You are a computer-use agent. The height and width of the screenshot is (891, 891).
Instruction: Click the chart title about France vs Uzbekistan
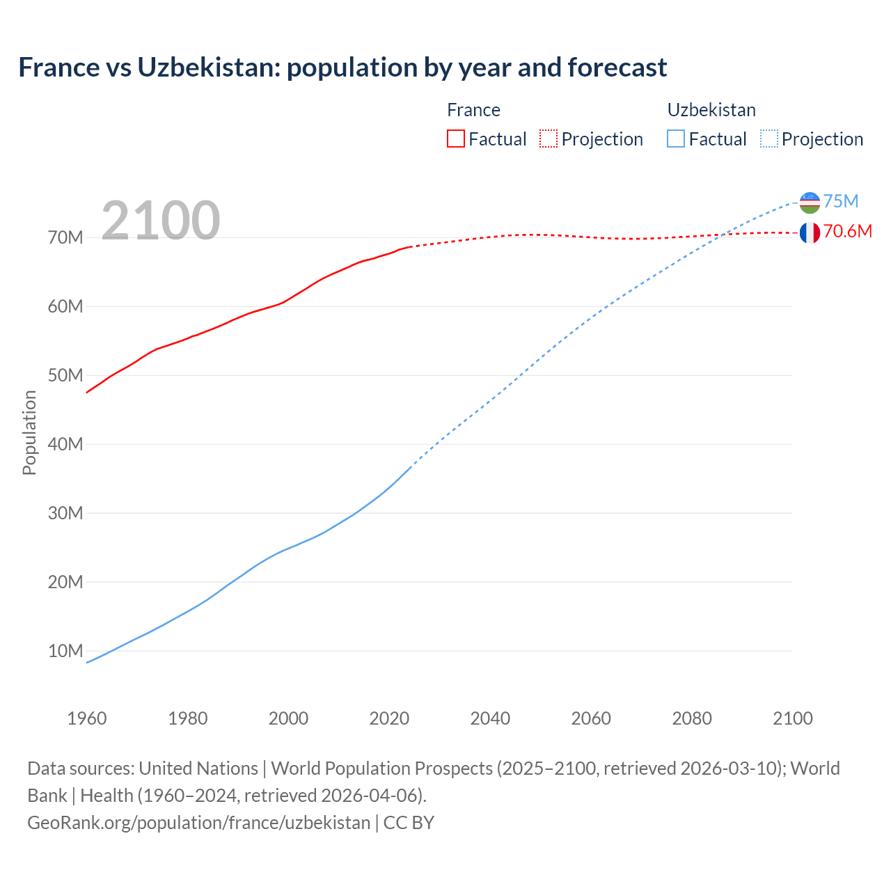click(x=342, y=68)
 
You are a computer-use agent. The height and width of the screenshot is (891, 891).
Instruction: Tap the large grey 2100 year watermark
click(x=161, y=221)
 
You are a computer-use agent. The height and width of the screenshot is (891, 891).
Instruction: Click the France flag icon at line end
click(x=810, y=232)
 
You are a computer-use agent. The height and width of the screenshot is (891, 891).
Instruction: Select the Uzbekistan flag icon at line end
click(x=810, y=203)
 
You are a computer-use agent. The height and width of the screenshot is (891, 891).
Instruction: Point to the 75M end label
click(x=841, y=201)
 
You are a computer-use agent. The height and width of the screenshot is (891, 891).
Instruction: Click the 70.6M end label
click(x=847, y=231)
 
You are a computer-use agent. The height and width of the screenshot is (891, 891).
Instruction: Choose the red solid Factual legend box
click(x=455, y=139)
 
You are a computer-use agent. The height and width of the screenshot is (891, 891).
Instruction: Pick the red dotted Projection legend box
click(x=549, y=139)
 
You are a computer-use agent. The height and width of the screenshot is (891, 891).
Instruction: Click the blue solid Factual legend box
click(x=676, y=139)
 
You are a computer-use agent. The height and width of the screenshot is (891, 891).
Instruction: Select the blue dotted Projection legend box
click(x=769, y=139)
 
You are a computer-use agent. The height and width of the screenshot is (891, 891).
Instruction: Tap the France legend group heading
click(x=473, y=110)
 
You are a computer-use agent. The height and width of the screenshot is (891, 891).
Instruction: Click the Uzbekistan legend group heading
click(x=711, y=110)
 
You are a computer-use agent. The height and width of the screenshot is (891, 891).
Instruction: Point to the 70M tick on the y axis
click(x=65, y=238)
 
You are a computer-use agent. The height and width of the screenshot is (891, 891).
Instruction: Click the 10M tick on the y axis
click(x=65, y=651)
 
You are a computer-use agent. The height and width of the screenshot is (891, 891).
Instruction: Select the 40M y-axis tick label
click(x=65, y=444)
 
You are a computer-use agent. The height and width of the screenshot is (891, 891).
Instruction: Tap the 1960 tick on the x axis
click(x=87, y=718)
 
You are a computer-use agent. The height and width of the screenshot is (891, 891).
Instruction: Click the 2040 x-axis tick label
click(x=490, y=718)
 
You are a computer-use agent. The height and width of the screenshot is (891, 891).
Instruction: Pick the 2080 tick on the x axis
click(x=692, y=718)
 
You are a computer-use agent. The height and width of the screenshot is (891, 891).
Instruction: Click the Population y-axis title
click(x=29, y=432)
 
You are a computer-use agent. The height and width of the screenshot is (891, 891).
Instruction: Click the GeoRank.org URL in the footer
click(x=199, y=822)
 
